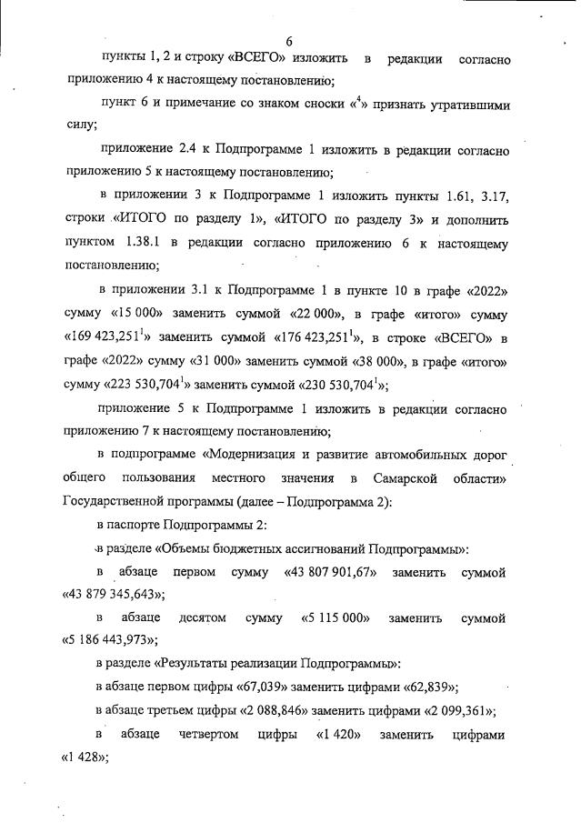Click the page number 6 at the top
(x=289, y=41)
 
